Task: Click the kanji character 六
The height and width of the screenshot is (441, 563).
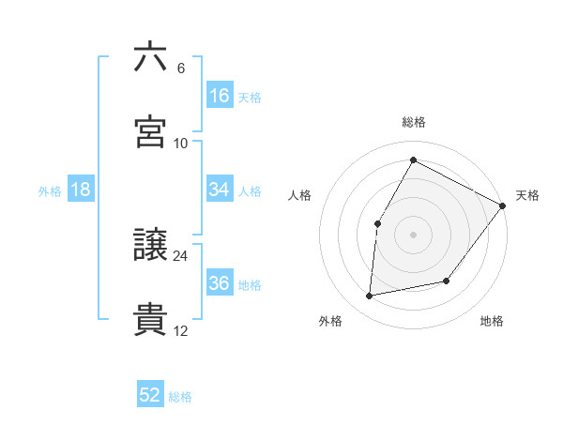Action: click(150, 57)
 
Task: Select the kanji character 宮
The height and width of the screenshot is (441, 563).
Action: click(150, 132)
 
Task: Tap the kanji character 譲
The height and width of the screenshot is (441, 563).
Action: click(150, 246)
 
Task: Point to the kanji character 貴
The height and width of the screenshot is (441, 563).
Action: click(150, 320)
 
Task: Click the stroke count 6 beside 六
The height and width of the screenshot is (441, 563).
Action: click(181, 68)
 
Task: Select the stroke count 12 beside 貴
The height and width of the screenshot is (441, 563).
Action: click(181, 330)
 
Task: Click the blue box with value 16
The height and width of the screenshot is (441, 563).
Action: click(219, 96)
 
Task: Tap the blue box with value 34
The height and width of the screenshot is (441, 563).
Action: click(219, 190)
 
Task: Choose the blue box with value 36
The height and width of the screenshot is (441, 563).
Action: click(219, 283)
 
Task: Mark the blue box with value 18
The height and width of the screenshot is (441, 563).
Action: click(81, 190)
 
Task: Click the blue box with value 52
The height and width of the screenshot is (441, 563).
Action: click(150, 396)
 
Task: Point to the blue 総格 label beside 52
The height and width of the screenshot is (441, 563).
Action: click(180, 397)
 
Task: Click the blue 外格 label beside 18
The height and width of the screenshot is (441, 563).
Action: click(50, 190)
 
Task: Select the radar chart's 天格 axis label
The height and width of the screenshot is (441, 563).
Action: click(527, 195)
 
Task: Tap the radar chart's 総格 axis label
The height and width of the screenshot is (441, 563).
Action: click(414, 122)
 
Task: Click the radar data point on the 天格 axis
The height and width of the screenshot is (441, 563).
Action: click(502, 206)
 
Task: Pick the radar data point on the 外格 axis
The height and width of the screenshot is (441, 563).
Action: click(370, 297)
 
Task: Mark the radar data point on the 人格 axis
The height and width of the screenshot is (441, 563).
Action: click(377, 223)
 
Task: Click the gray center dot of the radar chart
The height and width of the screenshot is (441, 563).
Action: click(414, 235)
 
